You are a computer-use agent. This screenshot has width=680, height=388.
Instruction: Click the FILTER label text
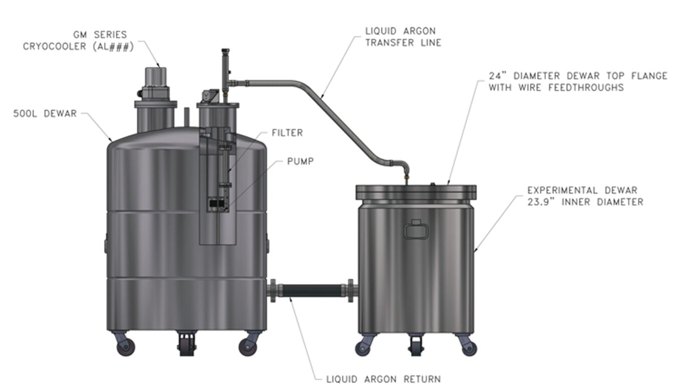[x=287, y=133]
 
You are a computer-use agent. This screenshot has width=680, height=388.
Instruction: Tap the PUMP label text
[x=300, y=161]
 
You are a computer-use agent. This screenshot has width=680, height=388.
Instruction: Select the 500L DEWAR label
[x=45, y=114]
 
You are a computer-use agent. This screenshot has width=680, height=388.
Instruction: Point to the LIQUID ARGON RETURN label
[x=383, y=379]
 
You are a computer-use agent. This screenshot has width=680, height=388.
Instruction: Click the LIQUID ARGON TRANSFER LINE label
[x=403, y=37]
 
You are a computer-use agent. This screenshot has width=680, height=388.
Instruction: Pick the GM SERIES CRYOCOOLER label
[x=78, y=41]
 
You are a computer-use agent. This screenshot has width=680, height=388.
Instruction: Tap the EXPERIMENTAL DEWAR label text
[x=585, y=196]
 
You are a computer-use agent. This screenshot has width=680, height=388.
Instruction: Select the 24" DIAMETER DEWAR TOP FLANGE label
[x=578, y=81]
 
